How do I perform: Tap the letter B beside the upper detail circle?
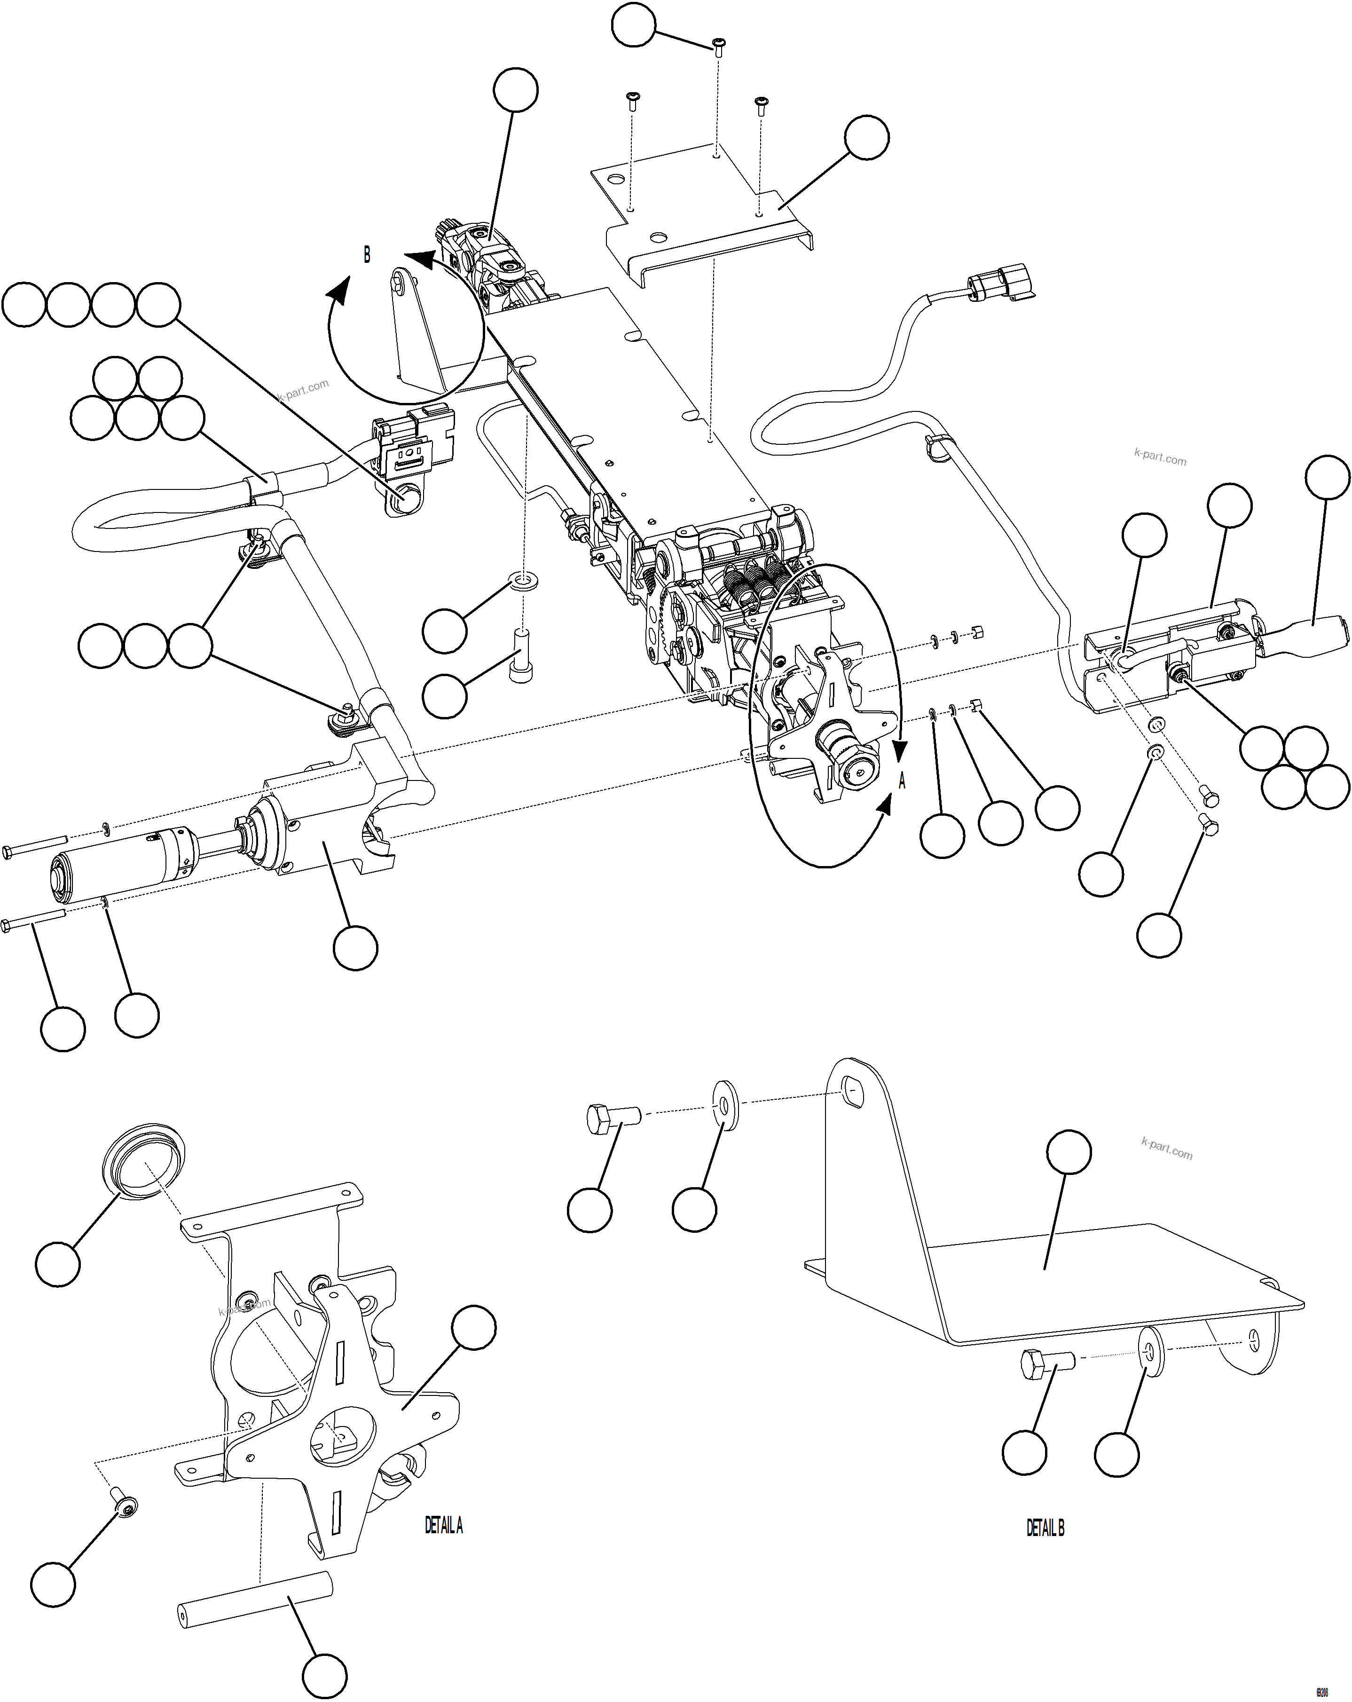366,255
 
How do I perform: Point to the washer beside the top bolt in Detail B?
724,1105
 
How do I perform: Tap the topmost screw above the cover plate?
718,46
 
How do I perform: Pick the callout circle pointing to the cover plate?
866,137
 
